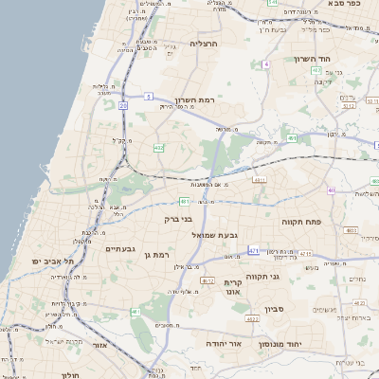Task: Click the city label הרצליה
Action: [204, 44]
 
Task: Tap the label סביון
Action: [301, 308]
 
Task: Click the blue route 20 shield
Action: [123, 106]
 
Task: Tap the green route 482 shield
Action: [158, 147]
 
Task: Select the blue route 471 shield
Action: [253, 250]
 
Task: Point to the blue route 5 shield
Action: [149, 96]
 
